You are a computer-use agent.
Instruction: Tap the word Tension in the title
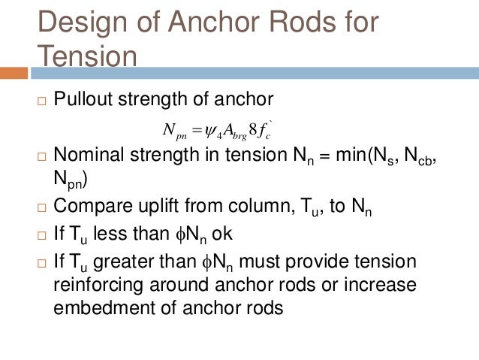click(87, 57)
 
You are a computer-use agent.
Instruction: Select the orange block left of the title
click(14, 73)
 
